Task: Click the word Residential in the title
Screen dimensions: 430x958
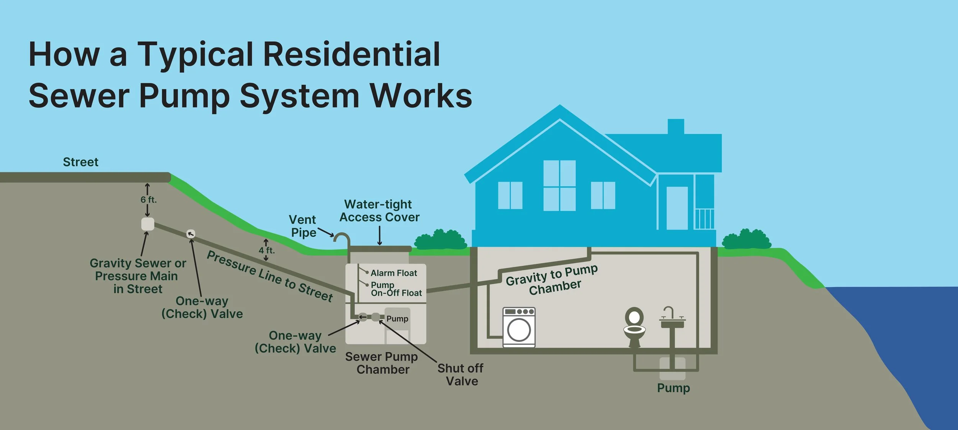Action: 352,54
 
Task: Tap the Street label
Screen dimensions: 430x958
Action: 80,162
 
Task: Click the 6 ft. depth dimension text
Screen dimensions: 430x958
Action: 148,199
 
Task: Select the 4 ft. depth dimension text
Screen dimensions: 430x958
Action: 267,250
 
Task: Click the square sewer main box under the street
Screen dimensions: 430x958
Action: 148,224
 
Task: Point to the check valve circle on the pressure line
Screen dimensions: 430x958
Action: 190,234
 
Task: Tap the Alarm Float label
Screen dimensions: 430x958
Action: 394,273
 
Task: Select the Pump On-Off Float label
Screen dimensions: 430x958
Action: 396,289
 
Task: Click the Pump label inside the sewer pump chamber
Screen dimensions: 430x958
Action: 397,319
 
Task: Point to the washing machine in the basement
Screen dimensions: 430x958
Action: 519,327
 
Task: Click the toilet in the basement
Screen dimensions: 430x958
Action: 634,326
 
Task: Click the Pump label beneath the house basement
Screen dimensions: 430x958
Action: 673,388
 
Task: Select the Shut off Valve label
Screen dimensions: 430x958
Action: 461,375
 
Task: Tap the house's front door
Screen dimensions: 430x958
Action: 677,208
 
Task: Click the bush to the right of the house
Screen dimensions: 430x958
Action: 746,239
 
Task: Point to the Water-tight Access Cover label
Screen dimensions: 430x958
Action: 379,211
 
